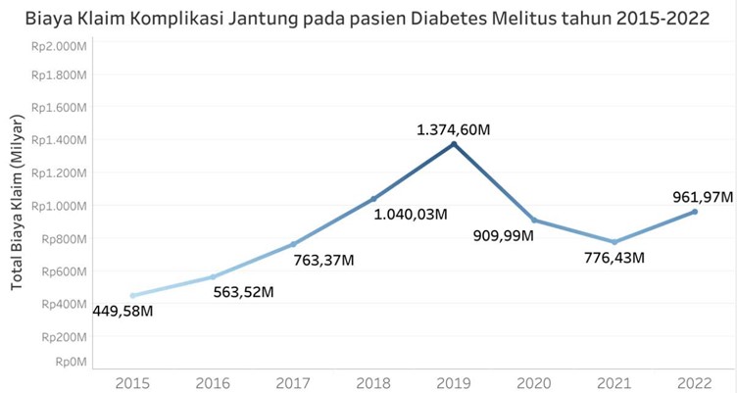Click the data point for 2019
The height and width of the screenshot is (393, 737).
coord(454,144)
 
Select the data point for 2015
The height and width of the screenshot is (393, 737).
coord(133,295)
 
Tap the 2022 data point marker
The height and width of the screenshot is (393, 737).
coord(695,212)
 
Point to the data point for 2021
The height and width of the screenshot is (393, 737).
coord(614,242)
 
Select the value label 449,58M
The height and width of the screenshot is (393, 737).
coord(130,312)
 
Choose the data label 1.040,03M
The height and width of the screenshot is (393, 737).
coord(412,214)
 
